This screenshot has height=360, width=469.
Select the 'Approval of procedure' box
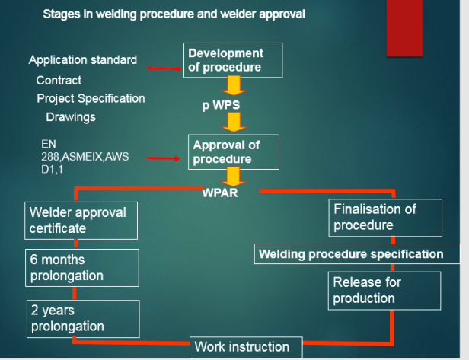click(234, 152)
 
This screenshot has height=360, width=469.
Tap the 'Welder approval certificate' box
click(82, 221)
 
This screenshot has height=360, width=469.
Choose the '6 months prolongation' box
click(82, 267)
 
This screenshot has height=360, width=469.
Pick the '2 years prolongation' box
click(82, 318)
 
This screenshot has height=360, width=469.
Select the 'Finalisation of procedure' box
click(385, 217)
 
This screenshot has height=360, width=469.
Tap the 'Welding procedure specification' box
click(356, 254)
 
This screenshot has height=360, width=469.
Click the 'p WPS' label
click(222, 104)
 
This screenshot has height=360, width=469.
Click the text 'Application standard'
click(83, 60)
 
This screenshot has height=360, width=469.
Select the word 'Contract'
click(59, 80)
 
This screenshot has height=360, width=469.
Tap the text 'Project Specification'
click(91, 98)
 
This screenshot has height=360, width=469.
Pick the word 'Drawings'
click(71, 117)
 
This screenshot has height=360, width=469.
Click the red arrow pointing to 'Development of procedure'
click(163, 68)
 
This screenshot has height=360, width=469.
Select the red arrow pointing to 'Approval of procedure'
click(163, 159)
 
